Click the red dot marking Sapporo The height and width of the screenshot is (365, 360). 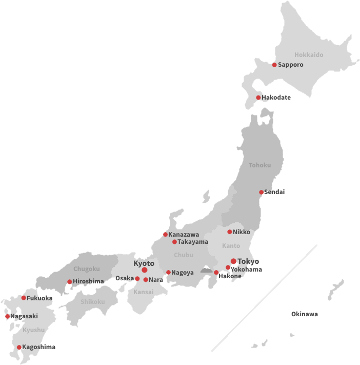274,65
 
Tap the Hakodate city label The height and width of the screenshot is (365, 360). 276,98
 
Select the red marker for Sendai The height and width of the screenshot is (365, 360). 262,193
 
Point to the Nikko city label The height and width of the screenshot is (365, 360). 242,232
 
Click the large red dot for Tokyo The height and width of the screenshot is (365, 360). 233,261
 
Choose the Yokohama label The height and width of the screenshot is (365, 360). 247,269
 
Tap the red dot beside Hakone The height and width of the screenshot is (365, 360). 216,273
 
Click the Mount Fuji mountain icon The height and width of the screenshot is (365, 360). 206,269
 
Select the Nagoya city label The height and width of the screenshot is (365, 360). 183,273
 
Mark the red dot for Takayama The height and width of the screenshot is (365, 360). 174,242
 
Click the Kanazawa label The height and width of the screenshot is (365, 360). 184,235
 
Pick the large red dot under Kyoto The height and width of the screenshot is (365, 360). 145,270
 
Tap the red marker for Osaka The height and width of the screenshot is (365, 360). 137,279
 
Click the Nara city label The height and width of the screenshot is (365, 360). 155,280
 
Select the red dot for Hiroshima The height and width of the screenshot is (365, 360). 70,282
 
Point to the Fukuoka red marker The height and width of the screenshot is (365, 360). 24,298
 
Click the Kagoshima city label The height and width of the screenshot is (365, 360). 38,347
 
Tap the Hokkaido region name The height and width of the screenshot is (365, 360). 309,55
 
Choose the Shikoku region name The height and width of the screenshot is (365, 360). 92,302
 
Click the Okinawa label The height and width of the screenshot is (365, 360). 304,314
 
